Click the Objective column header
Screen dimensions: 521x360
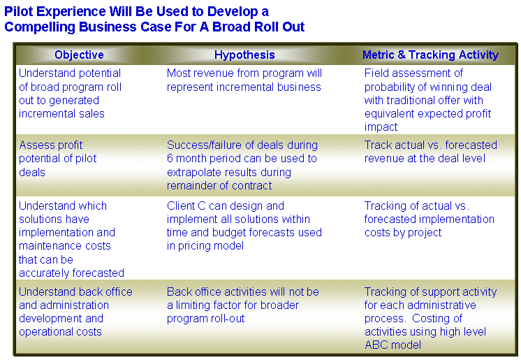pos(79,55)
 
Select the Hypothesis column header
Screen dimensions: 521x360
pos(244,55)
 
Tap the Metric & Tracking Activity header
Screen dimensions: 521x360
pos(430,55)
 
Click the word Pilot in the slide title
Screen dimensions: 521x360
pos(19,12)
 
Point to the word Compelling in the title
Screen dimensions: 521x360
pos(40,27)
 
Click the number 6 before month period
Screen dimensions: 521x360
pos(170,159)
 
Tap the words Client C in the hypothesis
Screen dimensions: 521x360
pos(186,206)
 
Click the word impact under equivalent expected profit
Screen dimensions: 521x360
pos(381,127)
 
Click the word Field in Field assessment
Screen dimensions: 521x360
pos(376,73)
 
